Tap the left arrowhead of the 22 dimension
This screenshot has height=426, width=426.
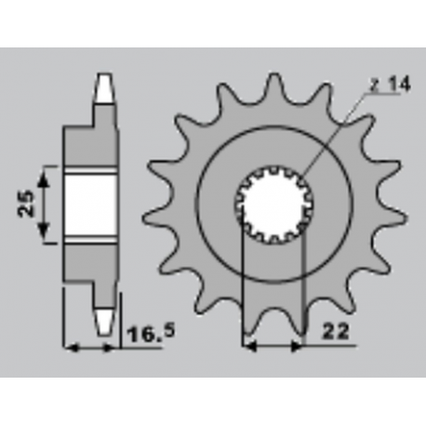[247, 346]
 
